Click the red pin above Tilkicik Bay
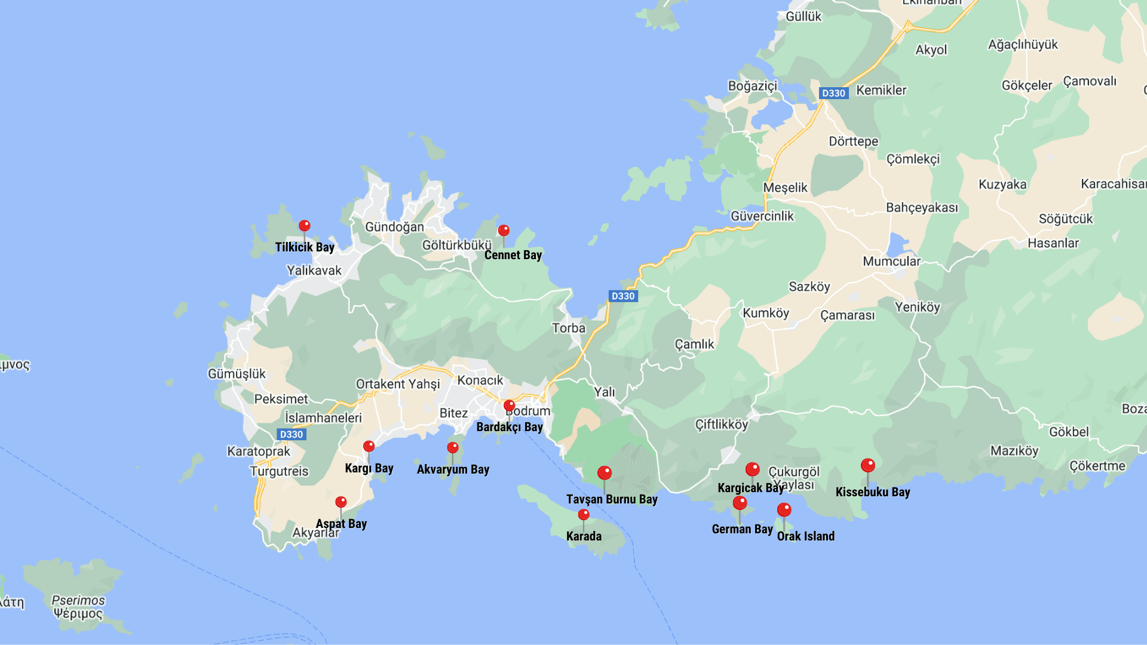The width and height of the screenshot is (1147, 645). pyautogui.click(x=305, y=226)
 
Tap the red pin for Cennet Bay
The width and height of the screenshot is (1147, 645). pyautogui.click(x=504, y=231)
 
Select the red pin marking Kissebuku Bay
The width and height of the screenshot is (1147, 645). pyautogui.click(x=868, y=465)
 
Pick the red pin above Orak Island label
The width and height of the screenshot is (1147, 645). pyautogui.click(x=784, y=510)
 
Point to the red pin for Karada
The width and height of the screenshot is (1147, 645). pyautogui.click(x=584, y=515)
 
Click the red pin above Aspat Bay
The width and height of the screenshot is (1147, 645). pyautogui.click(x=341, y=502)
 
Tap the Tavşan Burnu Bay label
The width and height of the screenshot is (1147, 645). pyautogui.click(x=612, y=499)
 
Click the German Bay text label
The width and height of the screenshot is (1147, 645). pyautogui.click(x=742, y=529)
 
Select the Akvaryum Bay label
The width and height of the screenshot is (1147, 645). pyautogui.click(x=453, y=469)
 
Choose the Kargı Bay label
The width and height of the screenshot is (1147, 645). pyautogui.click(x=369, y=468)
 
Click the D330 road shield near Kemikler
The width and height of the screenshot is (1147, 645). pyautogui.click(x=833, y=93)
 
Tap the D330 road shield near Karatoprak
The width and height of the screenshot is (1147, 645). pyautogui.click(x=292, y=434)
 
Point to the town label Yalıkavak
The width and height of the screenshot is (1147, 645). pyautogui.click(x=314, y=271)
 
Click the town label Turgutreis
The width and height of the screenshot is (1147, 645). pyautogui.click(x=279, y=471)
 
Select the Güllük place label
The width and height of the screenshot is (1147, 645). pyautogui.click(x=803, y=17)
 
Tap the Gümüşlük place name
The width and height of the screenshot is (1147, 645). pyautogui.click(x=237, y=374)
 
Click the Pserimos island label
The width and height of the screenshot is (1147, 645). pyautogui.click(x=78, y=601)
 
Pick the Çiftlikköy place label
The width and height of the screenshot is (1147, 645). pyautogui.click(x=721, y=425)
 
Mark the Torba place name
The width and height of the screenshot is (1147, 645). pyautogui.click(x=569, y=328)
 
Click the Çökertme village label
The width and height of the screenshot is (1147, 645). pyautogui.click(x=1097, y=466)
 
